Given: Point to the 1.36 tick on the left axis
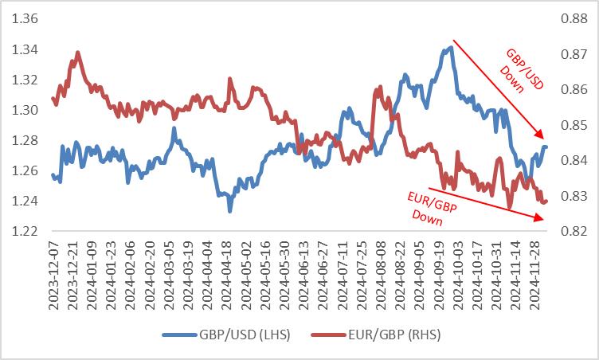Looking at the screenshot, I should click(x=25, y=18).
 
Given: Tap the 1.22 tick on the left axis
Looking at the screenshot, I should click(x=25, y=232).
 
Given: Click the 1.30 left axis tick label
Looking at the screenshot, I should click(x=25, y=110).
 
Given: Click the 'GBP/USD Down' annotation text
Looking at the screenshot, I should click(x=521, y=70).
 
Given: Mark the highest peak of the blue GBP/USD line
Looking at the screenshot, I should click(x=451, y=47).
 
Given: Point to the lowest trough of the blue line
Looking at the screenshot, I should click(x=230, y=210).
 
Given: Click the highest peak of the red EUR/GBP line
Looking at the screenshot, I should click(x=78, y=53).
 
